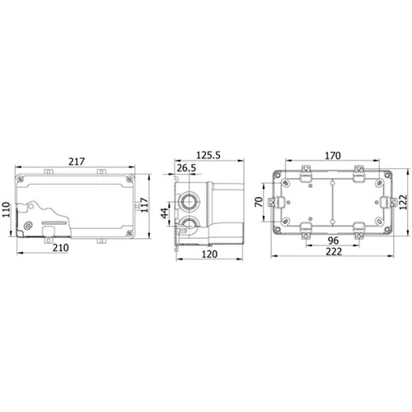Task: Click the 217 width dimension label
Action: point(77,162)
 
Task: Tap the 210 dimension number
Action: point(61,248)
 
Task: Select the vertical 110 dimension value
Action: point(6,209)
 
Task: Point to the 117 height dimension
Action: point(144,204)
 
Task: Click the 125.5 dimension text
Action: point(208,155)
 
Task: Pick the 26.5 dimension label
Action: point(186,168)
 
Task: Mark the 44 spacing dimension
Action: point(165,213)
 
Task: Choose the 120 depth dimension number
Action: point(209,254)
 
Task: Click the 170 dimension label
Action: point(333,156)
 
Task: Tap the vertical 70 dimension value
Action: point(259,202)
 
